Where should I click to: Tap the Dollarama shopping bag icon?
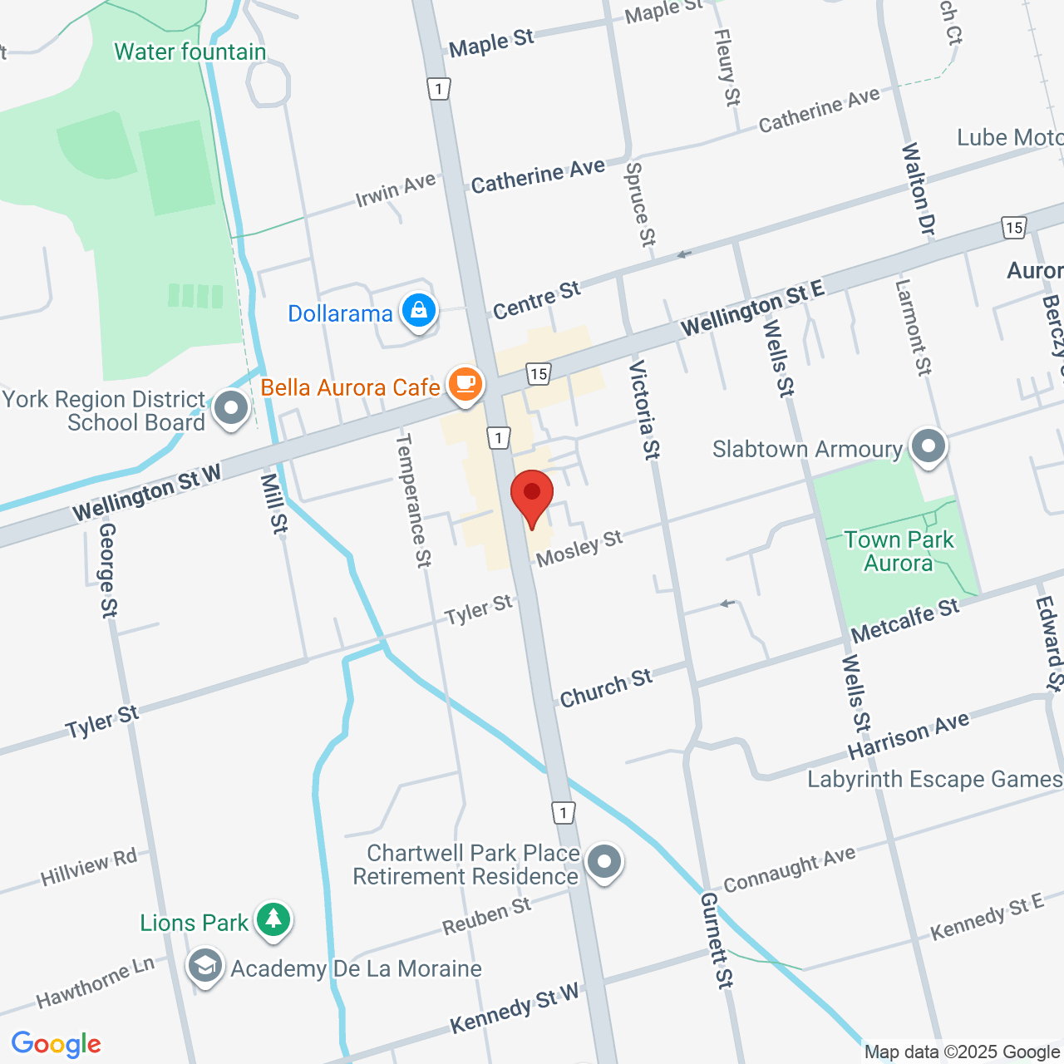(x=419, y=312)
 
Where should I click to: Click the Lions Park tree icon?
(x=273, y=920)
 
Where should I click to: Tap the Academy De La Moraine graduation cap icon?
(x=204, y=967)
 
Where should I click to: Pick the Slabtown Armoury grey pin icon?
(x=929, y=446)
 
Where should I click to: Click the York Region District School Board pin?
(x=231, y=409)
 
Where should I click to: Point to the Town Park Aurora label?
(x=899, y=551)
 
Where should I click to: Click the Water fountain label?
(x=190, y=52)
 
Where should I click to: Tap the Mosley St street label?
(x=579, y=549)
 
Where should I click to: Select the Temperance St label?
(x=413, y=500)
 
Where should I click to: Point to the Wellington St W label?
(x=147, y=492)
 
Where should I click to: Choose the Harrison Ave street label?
(x=908, y=735)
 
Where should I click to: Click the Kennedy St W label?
(x=515, y=1008)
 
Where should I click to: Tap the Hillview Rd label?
(x=89, y=867)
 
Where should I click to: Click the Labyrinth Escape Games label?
(x=934, y=780)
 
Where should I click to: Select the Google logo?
(x=57, y=1044)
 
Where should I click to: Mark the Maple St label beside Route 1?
(x=491, y=43)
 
